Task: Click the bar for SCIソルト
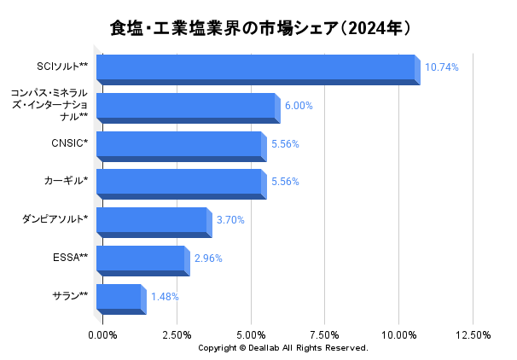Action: [256, 68]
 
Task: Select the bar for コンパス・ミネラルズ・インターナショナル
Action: [186, 107]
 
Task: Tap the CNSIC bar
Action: [179, 145]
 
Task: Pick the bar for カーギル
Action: [179, 182]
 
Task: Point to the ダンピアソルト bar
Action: [152, 220]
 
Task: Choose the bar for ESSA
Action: [141, 258]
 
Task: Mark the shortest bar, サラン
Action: [119, 297]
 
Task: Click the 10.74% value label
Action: [442, 67]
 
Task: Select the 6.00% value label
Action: [299, 106]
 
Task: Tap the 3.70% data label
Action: [230, 220]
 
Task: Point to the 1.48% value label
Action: [165, 297]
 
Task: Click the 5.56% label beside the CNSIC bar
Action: [285, 144]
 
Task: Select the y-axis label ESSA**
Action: [71, 257]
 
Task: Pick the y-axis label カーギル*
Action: [66, 181]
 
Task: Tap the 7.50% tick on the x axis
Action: [325, 334]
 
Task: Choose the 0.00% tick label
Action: [103, 334]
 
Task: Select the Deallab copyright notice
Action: [282, 348]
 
